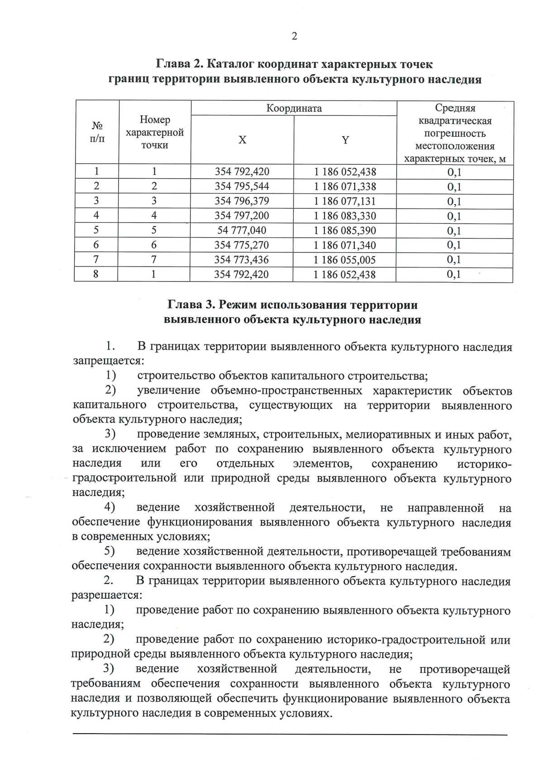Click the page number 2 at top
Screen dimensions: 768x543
tap(294, 37)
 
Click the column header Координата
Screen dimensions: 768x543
tap(294, 108)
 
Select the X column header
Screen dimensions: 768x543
tap(243, 140)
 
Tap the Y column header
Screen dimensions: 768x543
tap(345, 140)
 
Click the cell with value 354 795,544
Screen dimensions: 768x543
tap(242, 186)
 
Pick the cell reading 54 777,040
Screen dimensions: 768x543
tap(242, 230)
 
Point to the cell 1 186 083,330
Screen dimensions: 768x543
tap(345, 216)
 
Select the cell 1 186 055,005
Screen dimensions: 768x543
tap(345, 260)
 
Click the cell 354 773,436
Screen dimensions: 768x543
tap(242, 260)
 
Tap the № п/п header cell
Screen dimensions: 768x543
tap(97, 132)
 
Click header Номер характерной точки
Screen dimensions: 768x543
tap(155, 132)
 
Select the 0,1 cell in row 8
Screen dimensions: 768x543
tap(454, 274)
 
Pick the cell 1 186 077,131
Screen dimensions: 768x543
tap(345, 201)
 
